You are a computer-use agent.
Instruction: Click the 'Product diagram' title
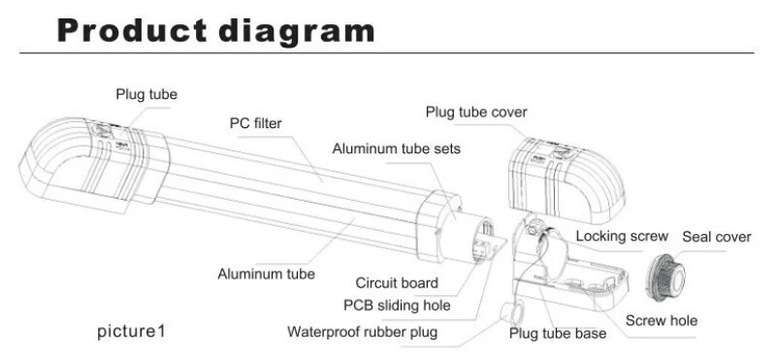pos(215,31)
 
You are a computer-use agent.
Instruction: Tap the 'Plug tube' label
pos(146,94)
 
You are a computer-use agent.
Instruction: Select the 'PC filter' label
pos(255,123)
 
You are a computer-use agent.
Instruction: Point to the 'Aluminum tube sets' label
pos(396,148)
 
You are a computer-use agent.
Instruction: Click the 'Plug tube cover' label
pos(476,112)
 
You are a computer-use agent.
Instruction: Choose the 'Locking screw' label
pos(622,236)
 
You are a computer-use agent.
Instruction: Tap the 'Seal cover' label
pos(717,237)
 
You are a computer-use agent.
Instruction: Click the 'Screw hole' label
pos(662,320)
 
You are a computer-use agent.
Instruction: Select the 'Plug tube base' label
pos(557,333)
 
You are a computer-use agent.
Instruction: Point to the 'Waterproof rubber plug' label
pos(362,331)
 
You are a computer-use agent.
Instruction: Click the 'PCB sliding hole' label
pos(397,305)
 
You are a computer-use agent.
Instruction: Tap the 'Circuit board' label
pos(397,282)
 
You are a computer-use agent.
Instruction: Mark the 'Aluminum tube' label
pos(266,274)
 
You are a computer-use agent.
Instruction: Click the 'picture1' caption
pos(131,331)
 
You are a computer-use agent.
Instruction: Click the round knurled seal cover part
pos(665,278)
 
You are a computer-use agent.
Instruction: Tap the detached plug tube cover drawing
pos(566,180)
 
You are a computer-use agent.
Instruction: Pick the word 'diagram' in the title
pos(297,32)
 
